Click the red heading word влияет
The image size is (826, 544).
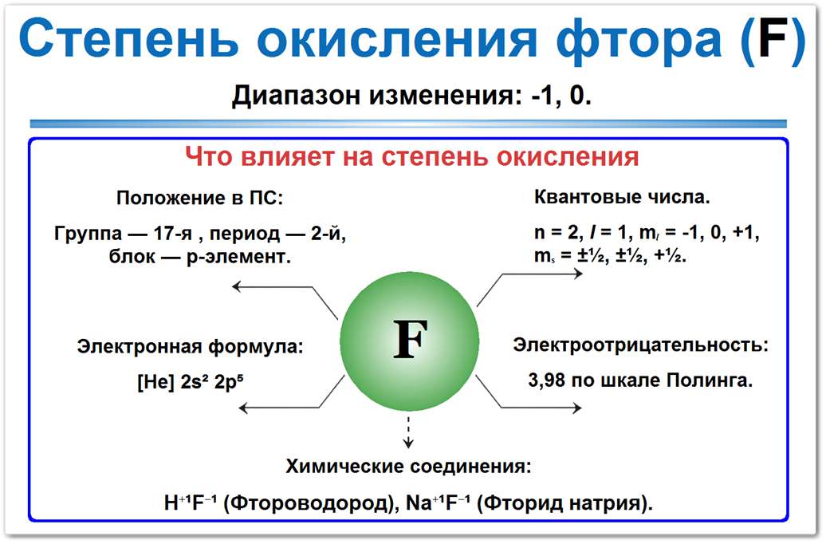click(x=299, y=156)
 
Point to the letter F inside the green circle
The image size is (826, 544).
click(x=411, y=341)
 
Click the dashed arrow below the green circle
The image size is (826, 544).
click(x=409, y=431)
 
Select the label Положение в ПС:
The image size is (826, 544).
click(x=199, y=197)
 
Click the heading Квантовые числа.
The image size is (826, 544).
click(x=622, y=197)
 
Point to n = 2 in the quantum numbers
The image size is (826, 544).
click(x=556, y=235)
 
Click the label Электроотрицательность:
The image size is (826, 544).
click(x=641, y=346)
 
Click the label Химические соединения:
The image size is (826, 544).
click(x=408, y=467)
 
